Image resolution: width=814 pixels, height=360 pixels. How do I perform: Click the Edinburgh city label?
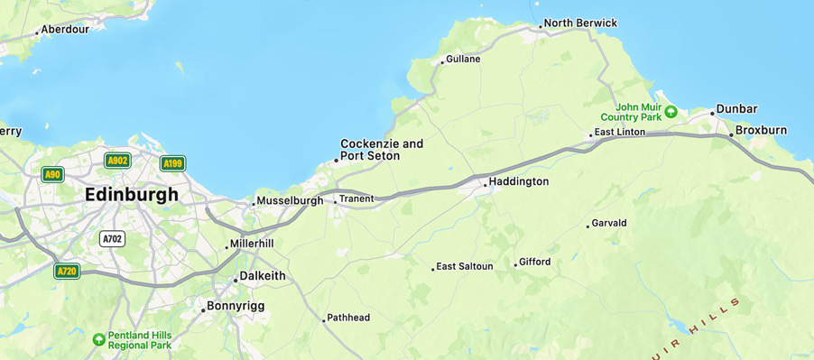(131, 195)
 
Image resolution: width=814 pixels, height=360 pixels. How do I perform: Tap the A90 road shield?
(52, 174)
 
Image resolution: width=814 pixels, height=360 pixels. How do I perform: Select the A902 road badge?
(117, 161)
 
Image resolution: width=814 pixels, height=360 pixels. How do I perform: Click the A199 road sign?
(172, 163)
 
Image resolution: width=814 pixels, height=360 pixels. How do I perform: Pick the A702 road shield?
(112, 239)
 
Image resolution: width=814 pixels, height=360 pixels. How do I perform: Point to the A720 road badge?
(67, 271)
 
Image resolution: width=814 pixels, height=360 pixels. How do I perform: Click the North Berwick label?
(580, 23)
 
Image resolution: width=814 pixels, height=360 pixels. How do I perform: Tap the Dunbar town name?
(736, 109)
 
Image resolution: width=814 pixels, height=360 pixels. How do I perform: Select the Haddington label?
(518, 181)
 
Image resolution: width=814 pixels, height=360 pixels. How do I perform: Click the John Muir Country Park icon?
(671, 111)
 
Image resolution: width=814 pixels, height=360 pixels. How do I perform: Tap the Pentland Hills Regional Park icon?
(98, 339)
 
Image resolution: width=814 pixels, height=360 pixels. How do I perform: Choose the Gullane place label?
(463, 60)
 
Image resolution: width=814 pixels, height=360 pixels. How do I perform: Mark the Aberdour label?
(66, 29)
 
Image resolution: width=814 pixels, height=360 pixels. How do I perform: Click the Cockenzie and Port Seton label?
(381, 150)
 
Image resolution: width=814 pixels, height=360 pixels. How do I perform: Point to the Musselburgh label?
(289, 200)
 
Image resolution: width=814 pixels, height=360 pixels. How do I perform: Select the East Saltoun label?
(465, 267)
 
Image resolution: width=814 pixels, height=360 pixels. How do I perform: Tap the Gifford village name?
(535, 263)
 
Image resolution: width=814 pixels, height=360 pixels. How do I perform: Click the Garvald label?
(609, 223)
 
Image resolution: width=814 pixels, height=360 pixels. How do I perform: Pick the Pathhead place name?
(348, 318)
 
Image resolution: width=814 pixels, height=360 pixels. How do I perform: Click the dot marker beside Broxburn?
(731, 134)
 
